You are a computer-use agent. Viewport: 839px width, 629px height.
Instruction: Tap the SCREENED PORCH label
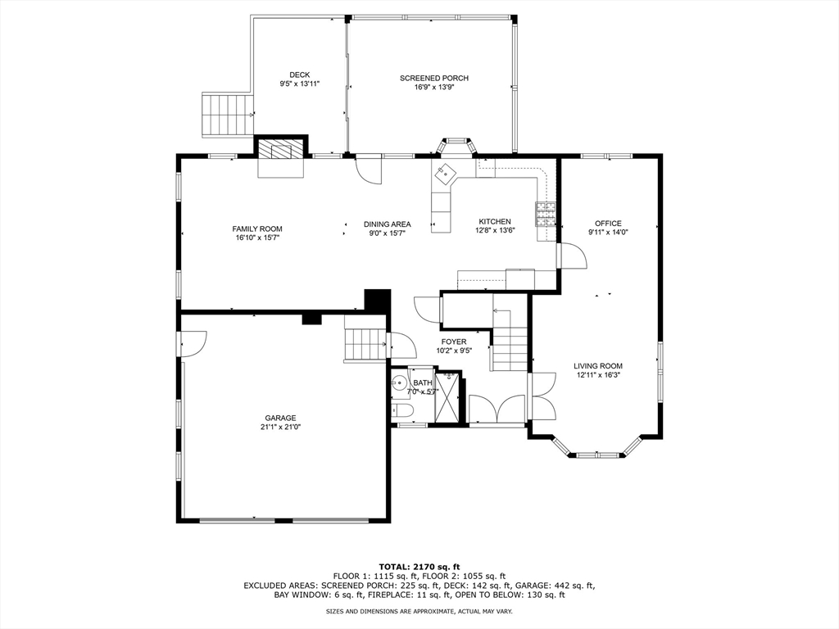pos(433,79)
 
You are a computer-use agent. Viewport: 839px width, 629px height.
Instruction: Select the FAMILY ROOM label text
pos(257,229)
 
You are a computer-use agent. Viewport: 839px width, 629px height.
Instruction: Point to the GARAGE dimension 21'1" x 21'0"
pos(280,427)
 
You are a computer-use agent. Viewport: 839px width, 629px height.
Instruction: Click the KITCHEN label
pos(495,222)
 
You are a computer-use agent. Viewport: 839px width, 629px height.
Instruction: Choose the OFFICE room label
pos(608,224)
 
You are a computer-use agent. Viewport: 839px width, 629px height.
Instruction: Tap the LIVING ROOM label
pos(597,366)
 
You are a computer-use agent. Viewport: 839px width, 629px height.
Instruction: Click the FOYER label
pos(453,342)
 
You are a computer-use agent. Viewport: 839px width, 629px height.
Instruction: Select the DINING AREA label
pos(388,224)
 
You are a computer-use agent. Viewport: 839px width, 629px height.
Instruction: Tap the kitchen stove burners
pos(546,214)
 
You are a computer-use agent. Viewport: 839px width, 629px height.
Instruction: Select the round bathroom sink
pos(400,382)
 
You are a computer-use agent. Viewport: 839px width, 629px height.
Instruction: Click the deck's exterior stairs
pos(227,115)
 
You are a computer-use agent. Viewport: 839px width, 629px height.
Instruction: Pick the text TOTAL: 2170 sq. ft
pos(419,567)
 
